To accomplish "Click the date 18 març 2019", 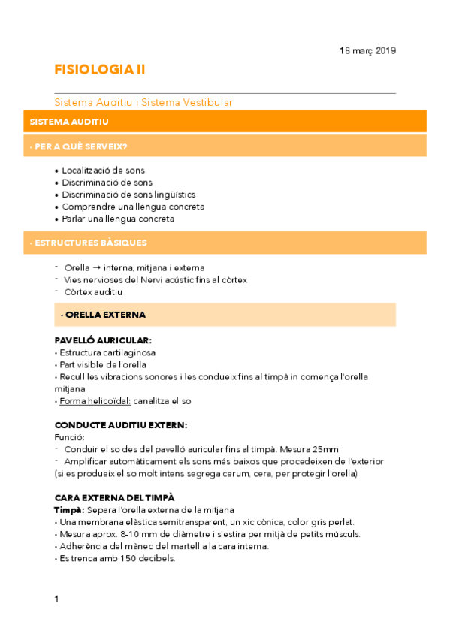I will coord(367,50).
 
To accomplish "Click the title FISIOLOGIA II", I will coord(100,70).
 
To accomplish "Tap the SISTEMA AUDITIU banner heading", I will coord(69,121).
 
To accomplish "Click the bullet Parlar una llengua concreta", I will coord(118,219).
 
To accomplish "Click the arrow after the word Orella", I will coord(98,267).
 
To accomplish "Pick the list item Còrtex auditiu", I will coord(93,292).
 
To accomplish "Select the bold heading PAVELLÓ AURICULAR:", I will coord(103,340).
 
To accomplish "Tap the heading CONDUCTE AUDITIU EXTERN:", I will coord(121,425).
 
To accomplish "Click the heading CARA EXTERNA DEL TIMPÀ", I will coord(115,497).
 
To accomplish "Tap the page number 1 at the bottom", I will coord(57,599).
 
